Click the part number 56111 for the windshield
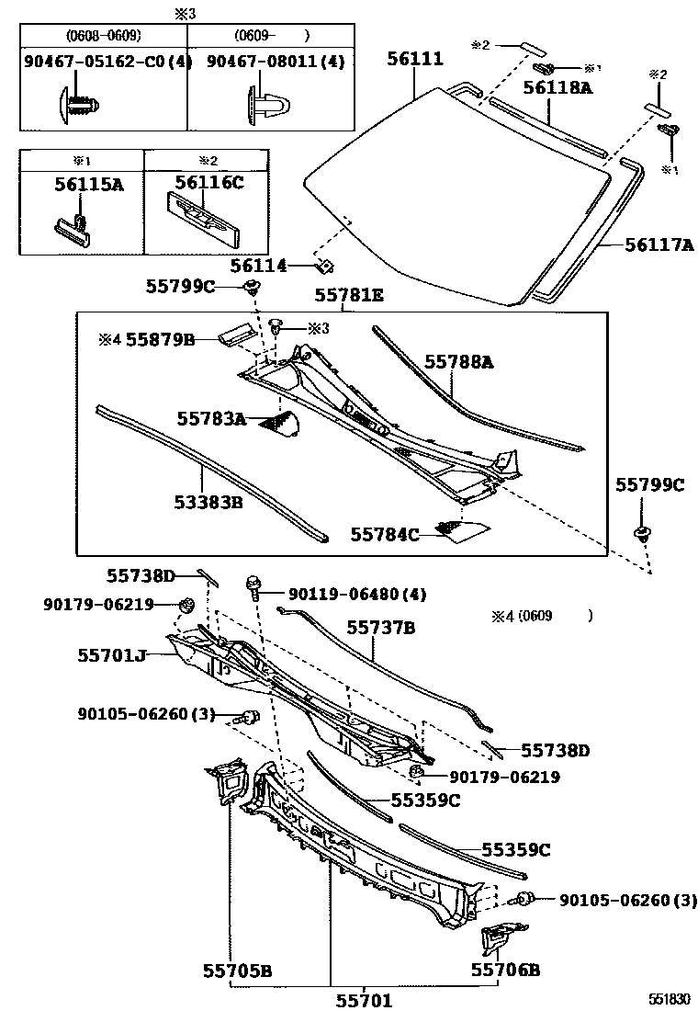tap(414, 60)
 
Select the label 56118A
tap(557, 88)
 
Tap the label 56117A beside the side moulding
tap(659, 245)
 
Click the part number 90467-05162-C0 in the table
tap(104, 62)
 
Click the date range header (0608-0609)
tap(103, 36)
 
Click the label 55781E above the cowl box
tap(349, 295)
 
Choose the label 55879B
tap(160, 340)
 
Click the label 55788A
tap(458, 362)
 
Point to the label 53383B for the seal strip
tap(208, 503)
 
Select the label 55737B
tap(381, 628)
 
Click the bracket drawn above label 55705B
tap(227, 782)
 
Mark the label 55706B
tap(505, 970)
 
